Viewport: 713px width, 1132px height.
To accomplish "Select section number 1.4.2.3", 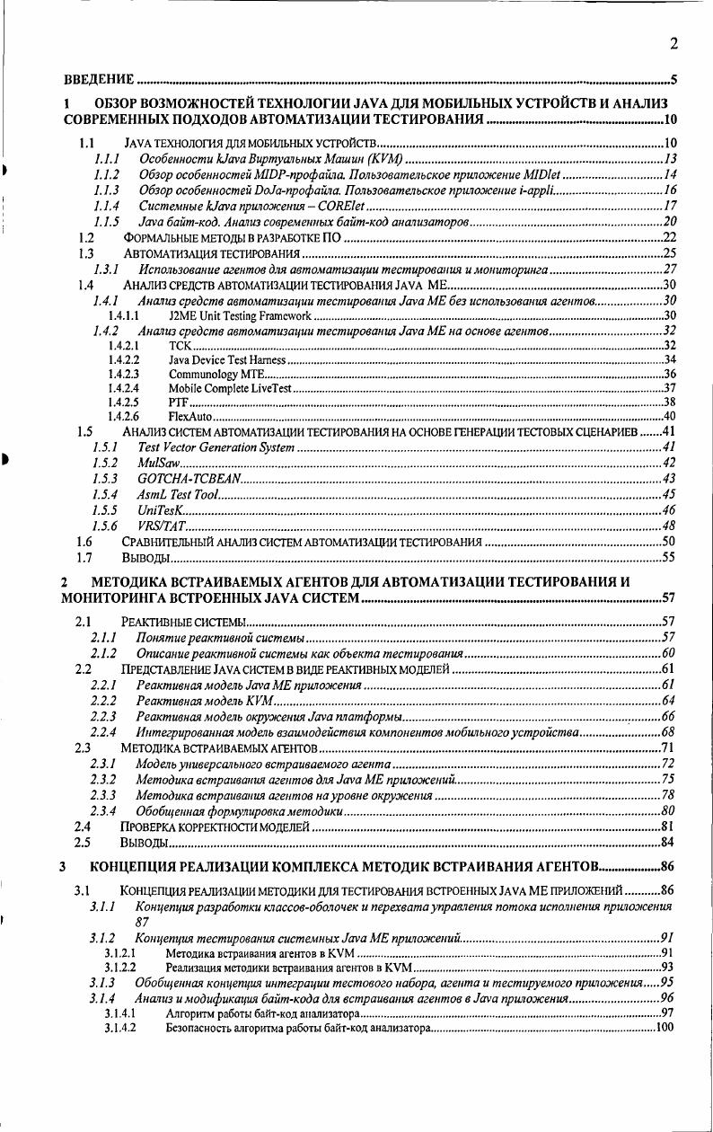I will point(122,374).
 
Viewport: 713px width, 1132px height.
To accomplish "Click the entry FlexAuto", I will point(189,417).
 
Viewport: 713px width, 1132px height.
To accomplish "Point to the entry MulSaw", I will point(157,462).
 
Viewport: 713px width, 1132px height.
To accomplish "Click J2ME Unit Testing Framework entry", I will point(240,316).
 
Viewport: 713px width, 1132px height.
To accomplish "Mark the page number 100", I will point(664,1028).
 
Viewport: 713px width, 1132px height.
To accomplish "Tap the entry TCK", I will point(178,345).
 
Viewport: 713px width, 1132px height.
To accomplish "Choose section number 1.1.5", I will point(107,222).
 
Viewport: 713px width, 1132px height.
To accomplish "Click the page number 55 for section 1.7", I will point(668,558).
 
